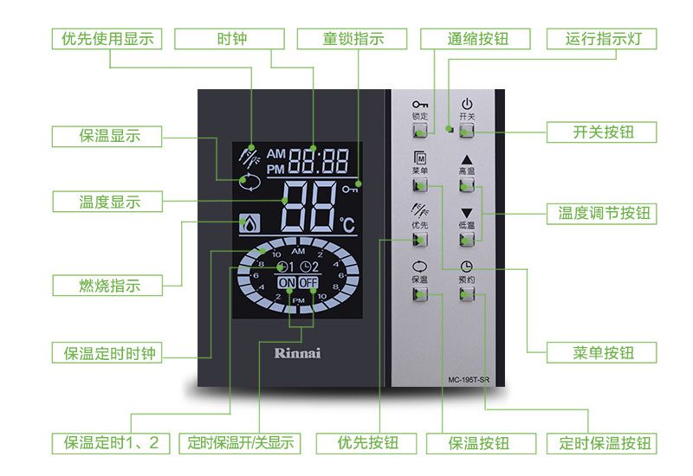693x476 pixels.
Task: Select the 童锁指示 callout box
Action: (353, 39)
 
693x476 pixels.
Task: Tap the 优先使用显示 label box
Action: (102, 39)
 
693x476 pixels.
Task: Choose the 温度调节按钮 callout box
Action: (602, 213)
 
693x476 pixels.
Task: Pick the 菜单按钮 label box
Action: (602, 353)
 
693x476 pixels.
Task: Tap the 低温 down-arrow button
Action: (468, 238)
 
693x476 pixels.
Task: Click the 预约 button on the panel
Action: (468, 293)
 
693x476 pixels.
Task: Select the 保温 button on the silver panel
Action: (420, 293)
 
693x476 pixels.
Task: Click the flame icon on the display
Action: (249, 224)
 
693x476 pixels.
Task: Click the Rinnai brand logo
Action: (297, 352)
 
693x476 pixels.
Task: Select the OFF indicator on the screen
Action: (309, 283)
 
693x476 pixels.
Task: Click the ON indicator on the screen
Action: (287, 283)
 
